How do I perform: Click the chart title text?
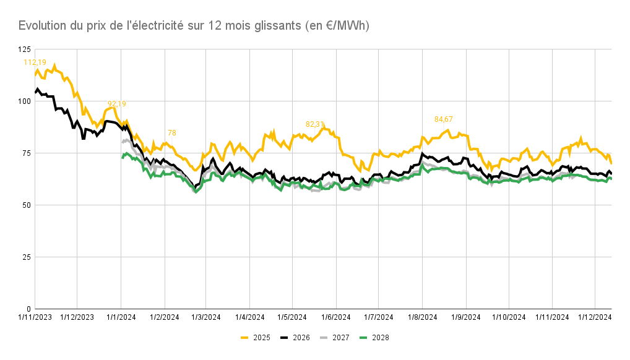pyautogui.click(x=194, y=25)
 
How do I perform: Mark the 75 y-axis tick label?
pyautogui.click(x=25, y=153)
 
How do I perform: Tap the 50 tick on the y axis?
pyautogui.click(x=25, y=205)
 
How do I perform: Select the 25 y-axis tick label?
pyautogui.click(x=25, y=257)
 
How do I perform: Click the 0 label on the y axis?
pyautogui.click(x=28, y=309)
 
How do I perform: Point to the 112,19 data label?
pyautogui.click(x=35, y=62)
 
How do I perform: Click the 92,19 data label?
pyautogui.click(x=117, y=104)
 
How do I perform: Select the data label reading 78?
pyautogui.click(x=172, y=133)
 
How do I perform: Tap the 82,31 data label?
pyautogui.click(x=316, y=124)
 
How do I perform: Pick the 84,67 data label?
pyautogui.click(x=444, y=119)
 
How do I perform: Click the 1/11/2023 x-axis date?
pyautogui.click(x=35, y=317)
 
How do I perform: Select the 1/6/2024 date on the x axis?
pyautogui.click(x=335, y=317)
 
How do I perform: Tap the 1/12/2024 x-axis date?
pyautogui.click(x=594, y=317)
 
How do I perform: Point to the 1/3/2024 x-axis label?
pyautogui.click(x=205, y=317)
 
